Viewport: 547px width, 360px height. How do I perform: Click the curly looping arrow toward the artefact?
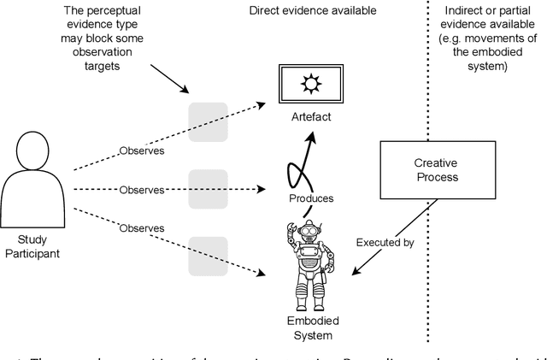point(299,168)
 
